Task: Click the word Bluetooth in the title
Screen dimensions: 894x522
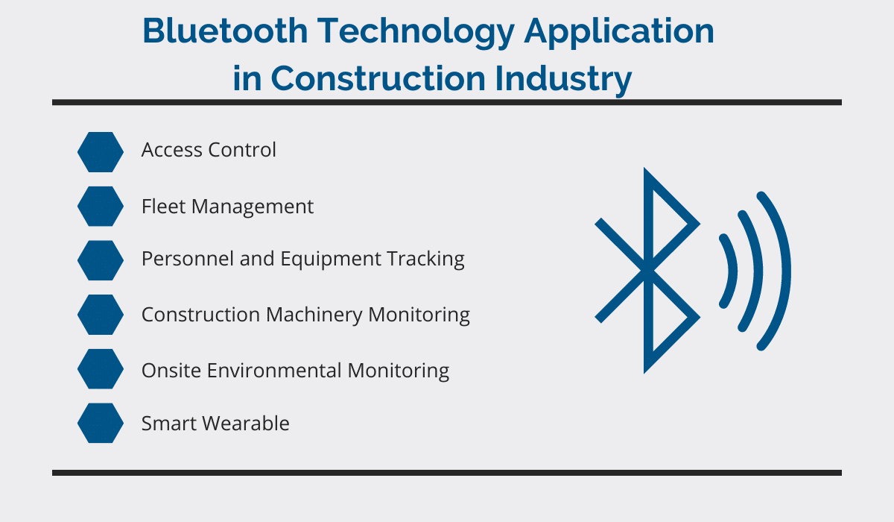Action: click(225, 31)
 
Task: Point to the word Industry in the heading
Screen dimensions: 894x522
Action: click(563, 80)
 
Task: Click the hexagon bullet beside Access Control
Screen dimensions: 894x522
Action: click(101, 152)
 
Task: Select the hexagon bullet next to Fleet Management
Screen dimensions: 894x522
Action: click(101, 206)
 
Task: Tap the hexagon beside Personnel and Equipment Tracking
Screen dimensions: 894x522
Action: click(101, 260)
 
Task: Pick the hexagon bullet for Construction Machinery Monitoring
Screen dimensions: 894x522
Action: click(101, 315)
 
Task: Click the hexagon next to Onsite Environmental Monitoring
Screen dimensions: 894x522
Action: click(101, 368)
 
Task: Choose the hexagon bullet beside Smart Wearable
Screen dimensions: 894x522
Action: click(101, 423)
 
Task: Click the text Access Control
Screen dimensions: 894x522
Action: click(209, 150)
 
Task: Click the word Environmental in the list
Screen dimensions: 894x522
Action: click(273, 370)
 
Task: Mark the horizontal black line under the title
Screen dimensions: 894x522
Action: click(447, 103)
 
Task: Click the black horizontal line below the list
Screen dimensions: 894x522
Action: click(447, 473)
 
